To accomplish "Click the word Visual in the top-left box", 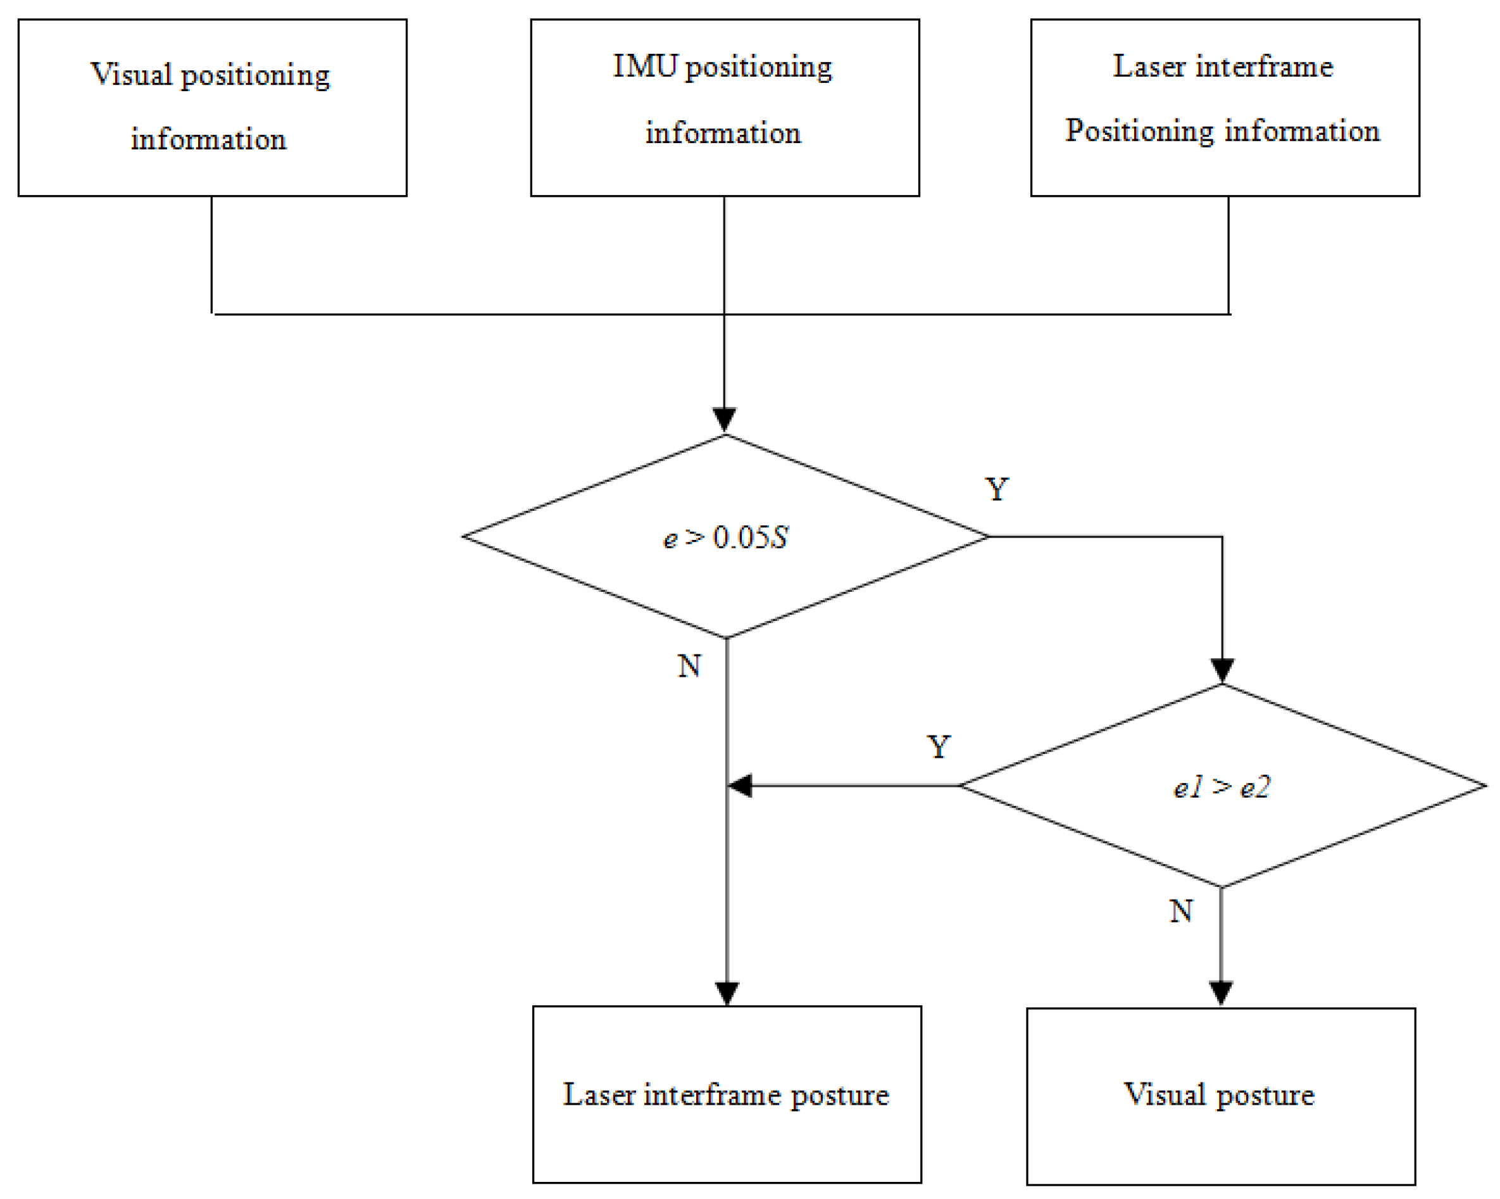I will pos(131,75).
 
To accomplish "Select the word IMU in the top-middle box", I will pos(645,67).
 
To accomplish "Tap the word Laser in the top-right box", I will pos(1149,67).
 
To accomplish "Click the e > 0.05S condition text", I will pos(725,538).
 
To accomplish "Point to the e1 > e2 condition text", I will pos(1222,788).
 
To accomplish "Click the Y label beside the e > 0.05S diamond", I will pos(996,490).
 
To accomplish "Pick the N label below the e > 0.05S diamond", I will pos(689,667).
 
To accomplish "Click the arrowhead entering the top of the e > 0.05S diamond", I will pos(724,420).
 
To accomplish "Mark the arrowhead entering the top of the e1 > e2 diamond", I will pos(1222,670).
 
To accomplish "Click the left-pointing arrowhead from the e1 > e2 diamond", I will pos(741,786).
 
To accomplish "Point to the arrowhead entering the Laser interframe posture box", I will pos(727,993).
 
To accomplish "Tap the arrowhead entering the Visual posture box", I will pos(1221,993).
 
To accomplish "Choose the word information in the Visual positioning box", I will pos(208,140).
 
